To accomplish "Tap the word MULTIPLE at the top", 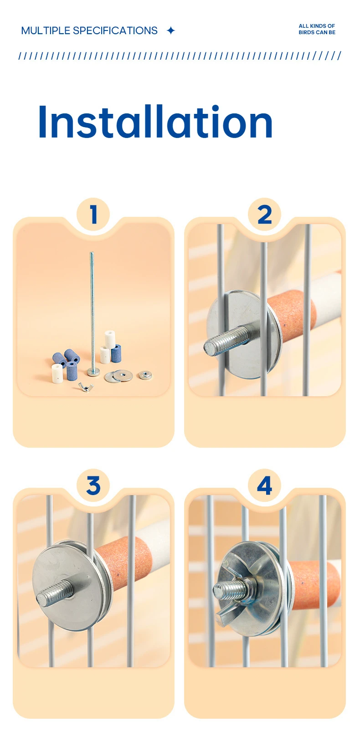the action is (46, 31).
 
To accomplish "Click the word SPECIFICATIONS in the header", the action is (115, 31).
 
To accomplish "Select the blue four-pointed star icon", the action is (171, 31).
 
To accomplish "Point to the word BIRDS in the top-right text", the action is (306, 32).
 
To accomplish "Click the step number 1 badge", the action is (93, 214).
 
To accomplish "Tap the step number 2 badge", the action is (265, 214).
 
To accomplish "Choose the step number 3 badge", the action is (93, 486).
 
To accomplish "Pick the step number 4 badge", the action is (265, 486).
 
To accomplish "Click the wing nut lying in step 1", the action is (85, 387).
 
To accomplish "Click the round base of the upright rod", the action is (93, 371).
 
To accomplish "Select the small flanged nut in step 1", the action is (145, 375).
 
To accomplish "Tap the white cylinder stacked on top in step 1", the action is (110, 339).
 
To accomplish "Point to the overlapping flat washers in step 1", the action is (118, 376).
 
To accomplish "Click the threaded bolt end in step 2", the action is (227, 339).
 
